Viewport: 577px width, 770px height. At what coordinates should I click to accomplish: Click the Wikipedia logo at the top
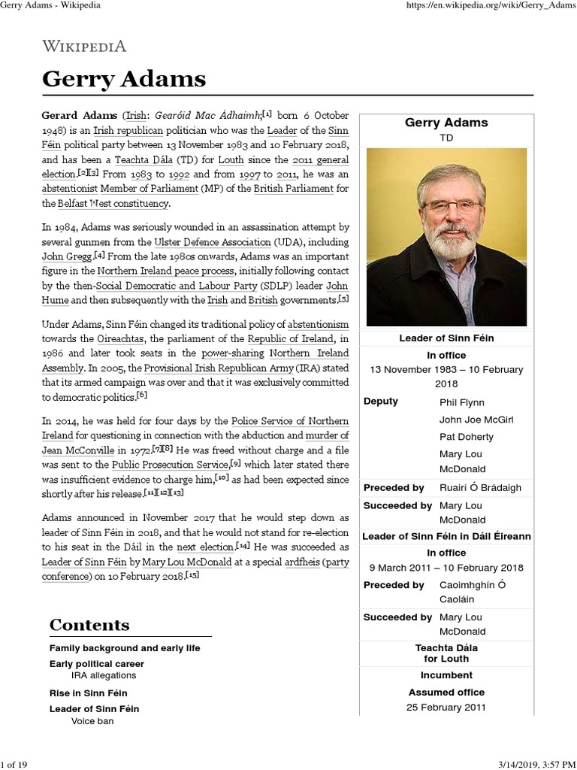(83, 46)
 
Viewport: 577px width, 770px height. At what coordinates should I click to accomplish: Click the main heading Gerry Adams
(123, 79)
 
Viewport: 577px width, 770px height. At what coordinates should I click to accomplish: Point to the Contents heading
(89, 625)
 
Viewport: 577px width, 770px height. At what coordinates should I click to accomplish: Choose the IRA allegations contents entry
(104, 675)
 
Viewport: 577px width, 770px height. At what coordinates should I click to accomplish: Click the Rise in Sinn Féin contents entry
(88, 693)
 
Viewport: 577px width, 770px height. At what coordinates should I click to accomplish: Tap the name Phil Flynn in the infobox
(461, 402)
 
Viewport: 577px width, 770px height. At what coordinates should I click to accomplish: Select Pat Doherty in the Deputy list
(466, 437)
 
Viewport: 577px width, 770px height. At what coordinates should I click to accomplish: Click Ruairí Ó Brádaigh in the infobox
(480, 488)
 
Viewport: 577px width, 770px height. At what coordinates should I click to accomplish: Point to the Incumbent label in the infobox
(446, 675)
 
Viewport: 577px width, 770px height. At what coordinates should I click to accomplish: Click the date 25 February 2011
(446, 707)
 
